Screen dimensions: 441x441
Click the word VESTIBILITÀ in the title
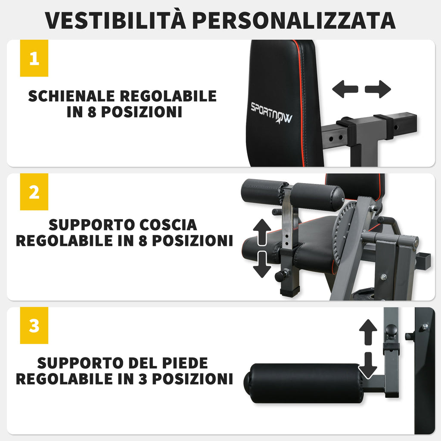coord(115,20)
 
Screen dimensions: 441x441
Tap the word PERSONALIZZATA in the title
coord(294,21)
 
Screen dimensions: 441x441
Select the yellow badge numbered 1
coord(34,58)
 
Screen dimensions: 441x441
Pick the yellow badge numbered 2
coord(34,192)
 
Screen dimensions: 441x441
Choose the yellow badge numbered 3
coord(34,326)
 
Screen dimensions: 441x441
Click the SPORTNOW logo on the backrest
coord(271,113)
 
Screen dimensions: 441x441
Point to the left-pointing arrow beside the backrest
coord(345,89)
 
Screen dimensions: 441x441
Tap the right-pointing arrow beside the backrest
coord(378,89)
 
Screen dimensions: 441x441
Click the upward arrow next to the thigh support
coord(262,232)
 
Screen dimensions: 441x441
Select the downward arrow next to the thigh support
coord(262,265)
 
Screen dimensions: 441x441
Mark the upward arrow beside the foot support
coord(368,332)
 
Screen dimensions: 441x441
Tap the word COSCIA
coord(168,225)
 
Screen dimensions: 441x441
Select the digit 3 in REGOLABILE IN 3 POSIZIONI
coord(143,379)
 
